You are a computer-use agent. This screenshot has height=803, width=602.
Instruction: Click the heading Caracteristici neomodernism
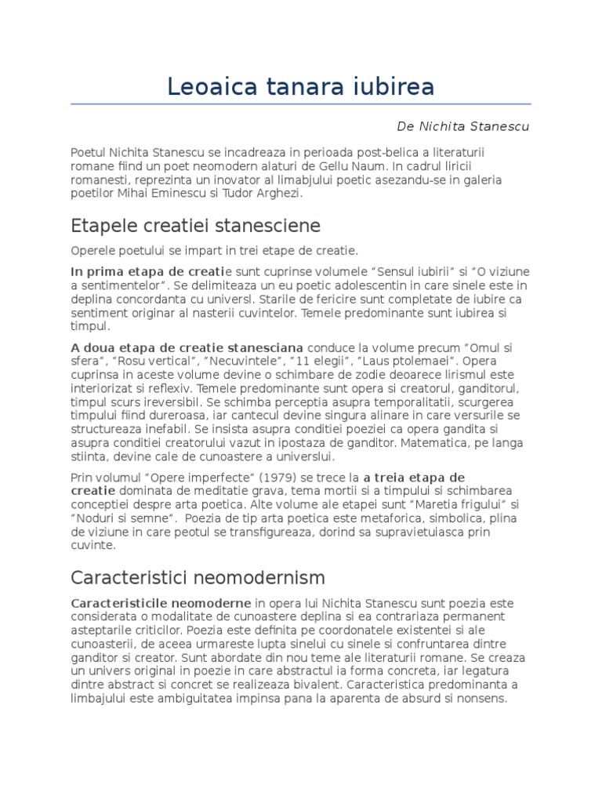(x=198, y=578)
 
